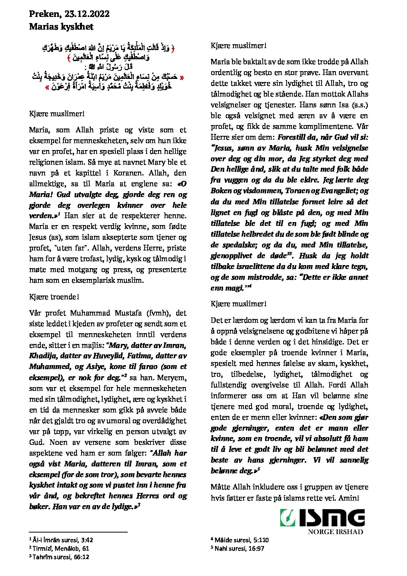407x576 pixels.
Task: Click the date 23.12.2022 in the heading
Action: click(87, 14)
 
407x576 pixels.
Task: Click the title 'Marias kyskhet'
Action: click(61, 27)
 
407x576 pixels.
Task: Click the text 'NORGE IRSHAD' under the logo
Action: click(335, 532)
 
